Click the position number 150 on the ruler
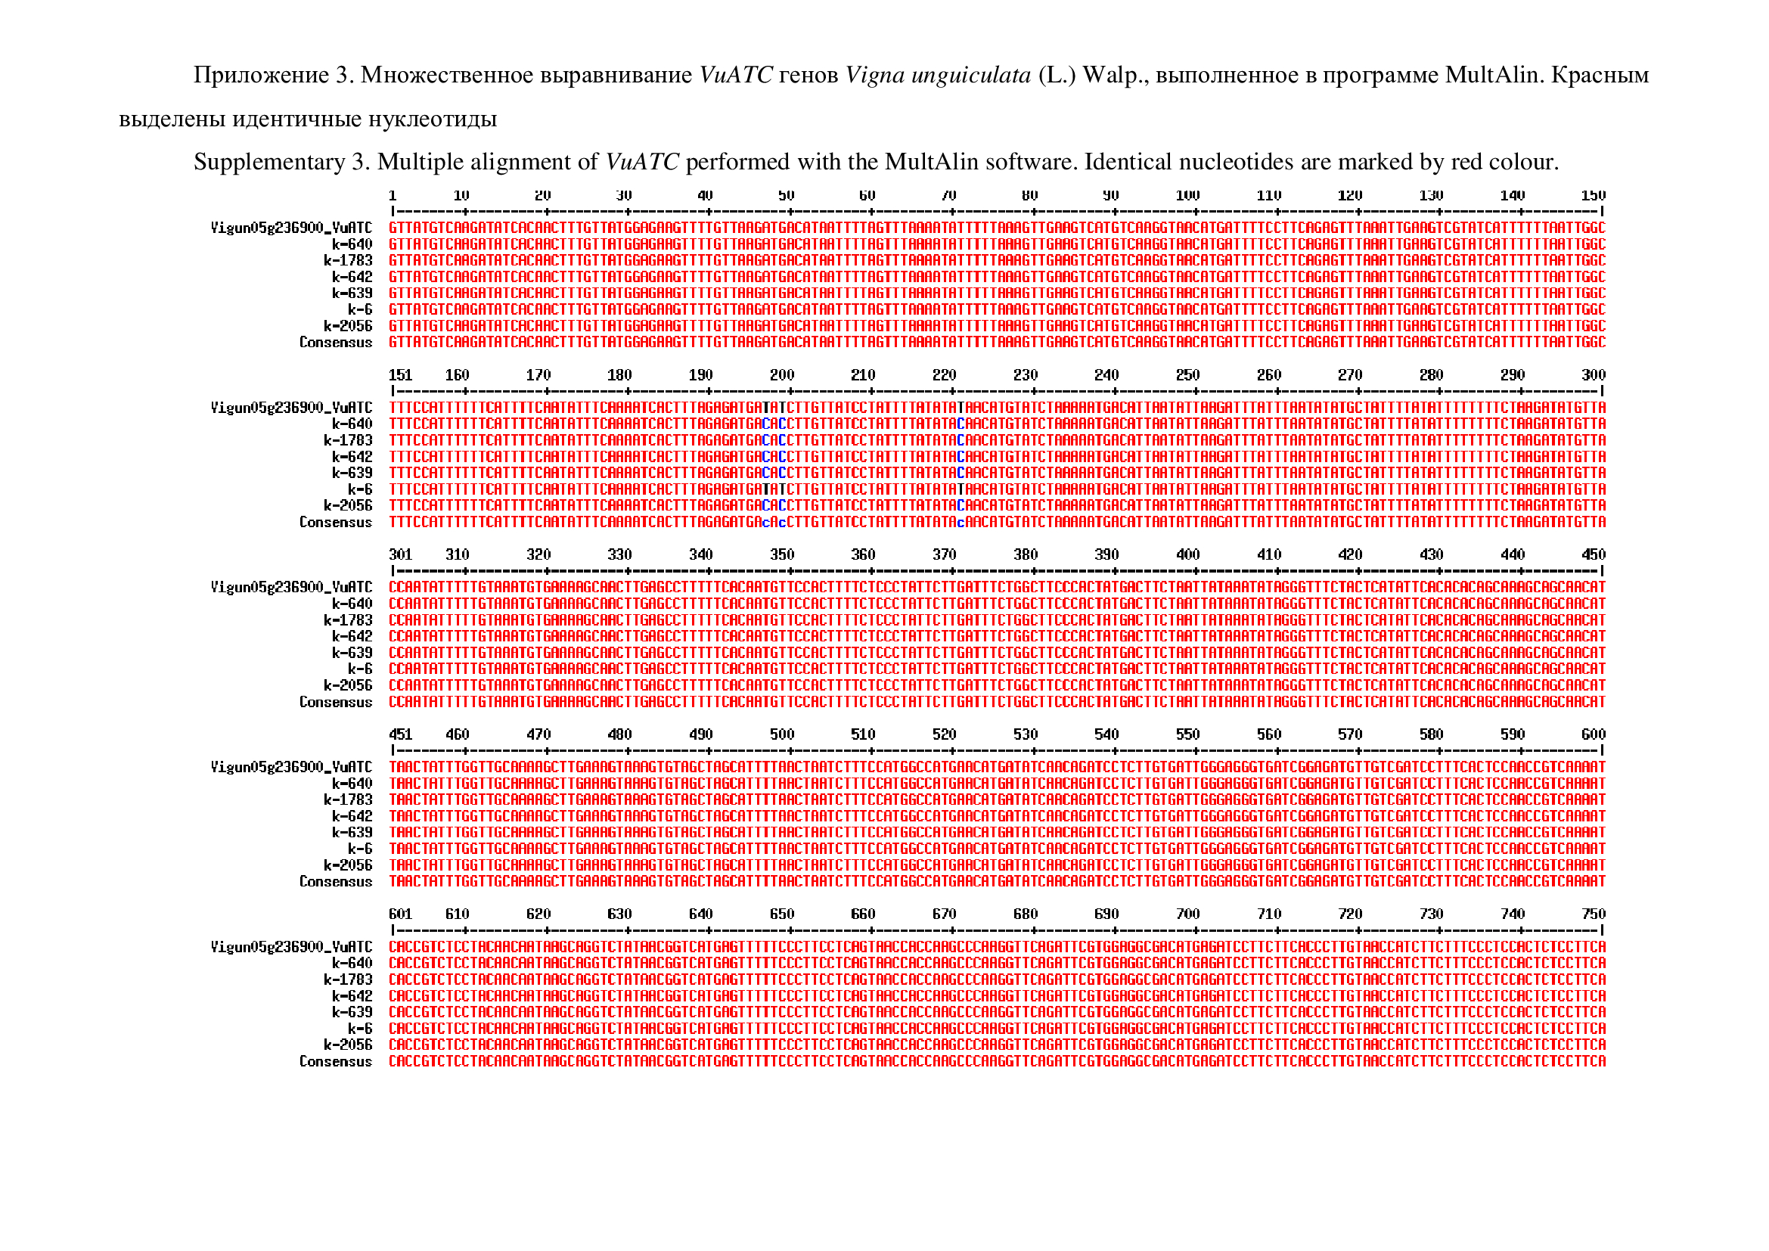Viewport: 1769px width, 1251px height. (x=1593, y=196)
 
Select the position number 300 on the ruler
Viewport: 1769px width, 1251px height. (x=1593, y=375)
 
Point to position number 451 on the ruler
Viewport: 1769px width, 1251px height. (x=401, y=735)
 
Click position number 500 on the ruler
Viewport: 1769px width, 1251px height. (x=781, y=735)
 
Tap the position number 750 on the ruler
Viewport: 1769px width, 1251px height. (x=1593, y=914)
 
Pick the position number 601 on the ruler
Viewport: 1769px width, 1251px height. (x=401, y=914)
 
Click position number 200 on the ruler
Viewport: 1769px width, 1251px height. (x=781, y=375)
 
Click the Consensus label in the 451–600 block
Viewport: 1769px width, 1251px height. (x=335, y=882)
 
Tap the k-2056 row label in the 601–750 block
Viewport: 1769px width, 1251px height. (x=347, y=1045)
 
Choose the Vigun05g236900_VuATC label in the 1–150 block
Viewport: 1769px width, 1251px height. (x=291, y=228)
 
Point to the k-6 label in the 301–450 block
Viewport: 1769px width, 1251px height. (x=360, y=669)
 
